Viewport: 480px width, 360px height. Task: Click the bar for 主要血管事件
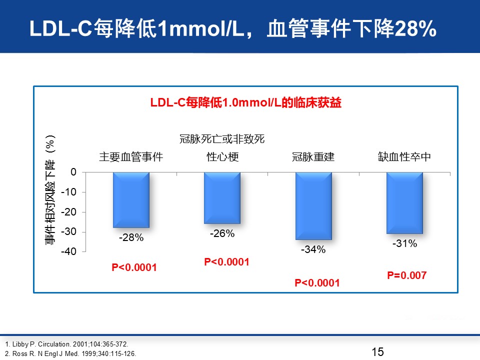(131, 200)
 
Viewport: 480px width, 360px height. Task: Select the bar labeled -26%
(222, 198)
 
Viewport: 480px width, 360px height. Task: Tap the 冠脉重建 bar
(313, 205)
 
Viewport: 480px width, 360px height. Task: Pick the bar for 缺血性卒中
(404, 203)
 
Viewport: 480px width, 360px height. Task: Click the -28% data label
(131, 237)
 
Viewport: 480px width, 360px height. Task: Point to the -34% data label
(313, 249)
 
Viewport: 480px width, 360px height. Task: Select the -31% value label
(404, 243)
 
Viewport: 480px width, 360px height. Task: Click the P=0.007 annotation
(407, 275)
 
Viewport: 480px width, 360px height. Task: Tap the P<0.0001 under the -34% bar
(317, 283)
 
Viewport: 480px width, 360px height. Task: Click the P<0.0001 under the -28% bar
(134, 267)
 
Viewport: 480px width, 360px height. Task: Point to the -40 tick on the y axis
(68, 251)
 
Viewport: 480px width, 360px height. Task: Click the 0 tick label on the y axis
(73, 172)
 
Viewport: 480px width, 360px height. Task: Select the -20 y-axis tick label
(68, 212)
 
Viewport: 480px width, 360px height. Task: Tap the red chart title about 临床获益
(246, 102)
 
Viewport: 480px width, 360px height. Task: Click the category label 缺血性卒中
(404, 156)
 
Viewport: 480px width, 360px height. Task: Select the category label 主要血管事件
(131, 156)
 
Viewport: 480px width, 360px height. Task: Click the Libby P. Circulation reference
(66, 344)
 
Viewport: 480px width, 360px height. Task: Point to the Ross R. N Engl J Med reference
(70, 353)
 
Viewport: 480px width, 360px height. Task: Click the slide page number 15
(378, 351)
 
